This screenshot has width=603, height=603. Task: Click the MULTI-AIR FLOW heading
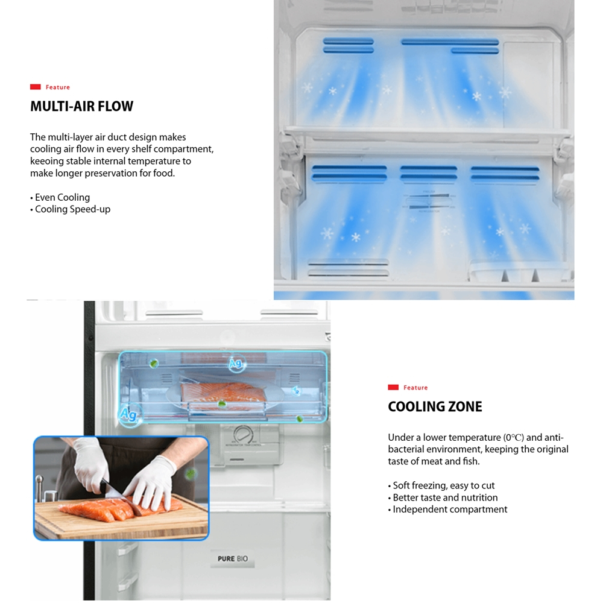pyautogui.click(x=81, y=107)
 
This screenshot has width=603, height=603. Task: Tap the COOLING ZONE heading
pyautogui.click(x=435, y=407)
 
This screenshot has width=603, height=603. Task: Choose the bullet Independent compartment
pyautogui.click(x=450, y=510)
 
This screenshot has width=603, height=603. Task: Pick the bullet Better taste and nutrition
pyautogui.click(x=445, y=497)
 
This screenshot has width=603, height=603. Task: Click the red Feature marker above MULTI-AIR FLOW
pyautogui.click(x=36, y=87)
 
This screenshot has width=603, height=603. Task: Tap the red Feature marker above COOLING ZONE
pyautogui.click(x=393, y=388)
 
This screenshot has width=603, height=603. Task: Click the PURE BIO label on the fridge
pyautogui.click(x=233, y=559)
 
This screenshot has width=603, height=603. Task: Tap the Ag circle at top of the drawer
pyautogui.click(x=236, y=364)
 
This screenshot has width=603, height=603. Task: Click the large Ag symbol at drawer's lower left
pyautogui.click(x=128, y=415)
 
